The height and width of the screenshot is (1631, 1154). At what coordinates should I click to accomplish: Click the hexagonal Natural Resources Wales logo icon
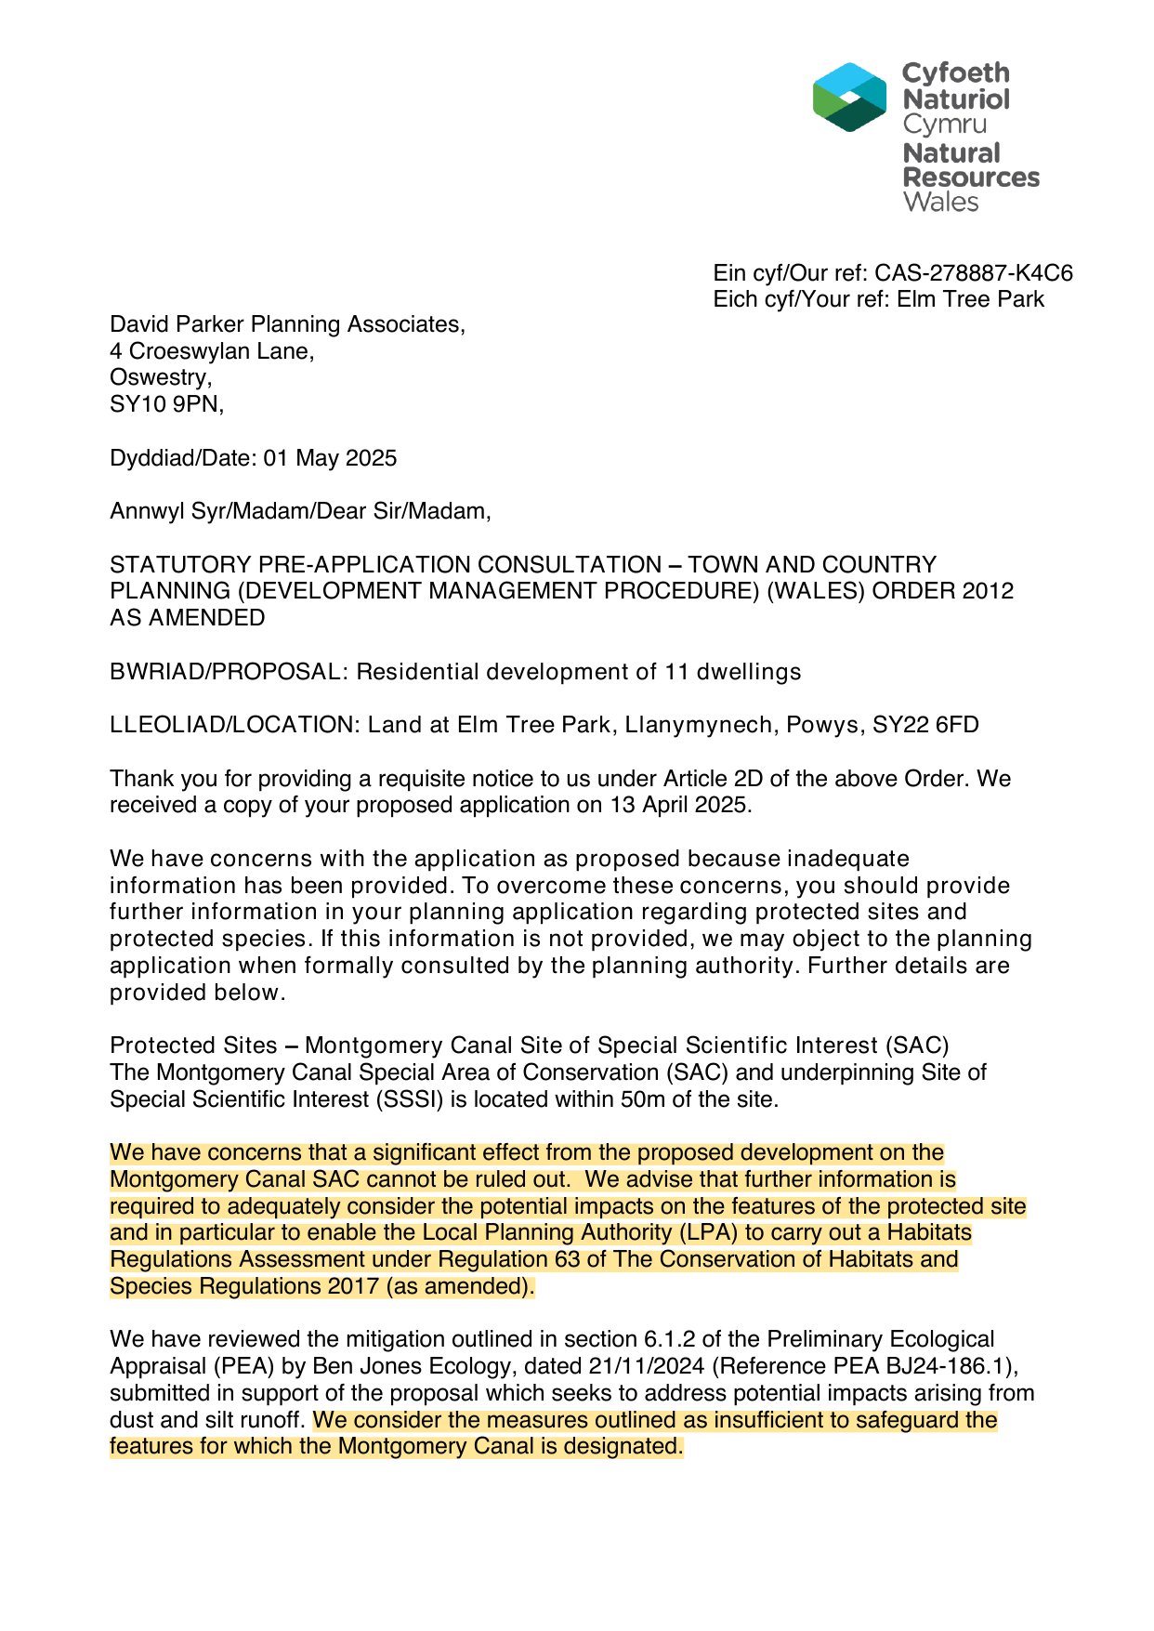(x=849, y=98)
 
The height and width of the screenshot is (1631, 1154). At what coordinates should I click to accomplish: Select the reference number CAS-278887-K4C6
(x=973, y=273)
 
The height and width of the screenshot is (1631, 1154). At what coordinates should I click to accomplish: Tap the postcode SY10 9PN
(x=165, y=404)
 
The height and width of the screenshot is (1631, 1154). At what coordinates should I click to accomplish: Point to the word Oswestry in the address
(x=159, y=377)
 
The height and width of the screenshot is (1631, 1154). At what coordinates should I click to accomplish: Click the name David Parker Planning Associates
(x=286, y=324)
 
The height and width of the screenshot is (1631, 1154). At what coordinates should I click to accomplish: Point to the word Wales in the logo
(x=940, y=203)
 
